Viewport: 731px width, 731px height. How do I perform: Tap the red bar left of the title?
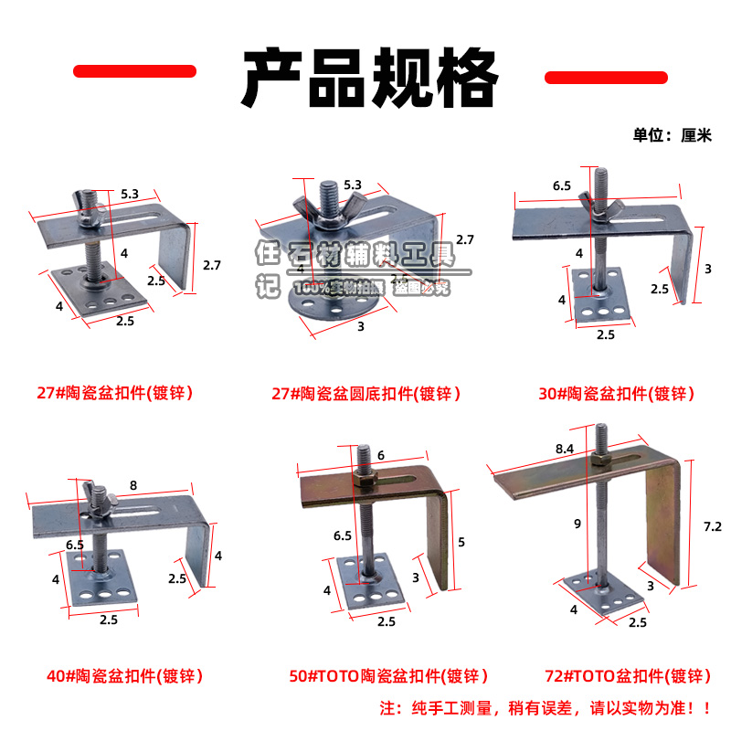[134, 71]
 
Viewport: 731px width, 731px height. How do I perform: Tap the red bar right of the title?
[605, 78]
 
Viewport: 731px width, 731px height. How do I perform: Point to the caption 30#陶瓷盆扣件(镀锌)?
[617, 394]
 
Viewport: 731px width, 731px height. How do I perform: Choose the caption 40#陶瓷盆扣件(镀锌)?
[124, 677]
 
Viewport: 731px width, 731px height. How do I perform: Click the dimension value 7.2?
[713, 526]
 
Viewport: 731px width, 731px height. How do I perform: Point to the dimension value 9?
[577, 524]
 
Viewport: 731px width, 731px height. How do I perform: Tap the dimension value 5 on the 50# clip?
[461, 542]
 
